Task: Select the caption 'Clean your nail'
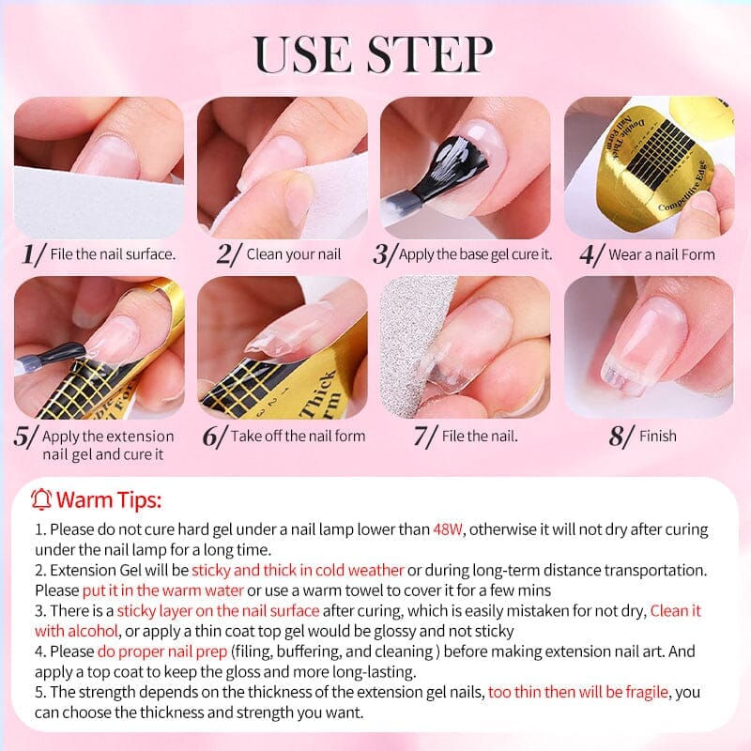tap(294, 254)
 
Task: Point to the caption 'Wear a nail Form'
tap(661, 254)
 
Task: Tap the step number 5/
tap(26, 437)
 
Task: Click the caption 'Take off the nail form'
tap(298, 436)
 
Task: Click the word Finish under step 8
tap(657, 436)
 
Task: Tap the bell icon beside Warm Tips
tap(41, 498)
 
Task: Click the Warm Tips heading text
tap(109, 498)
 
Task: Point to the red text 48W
tap(448, 529)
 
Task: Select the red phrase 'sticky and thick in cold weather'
tap(298, 571)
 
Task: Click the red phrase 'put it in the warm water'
tap(163, 590)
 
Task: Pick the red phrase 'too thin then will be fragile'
tap(577, 692)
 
